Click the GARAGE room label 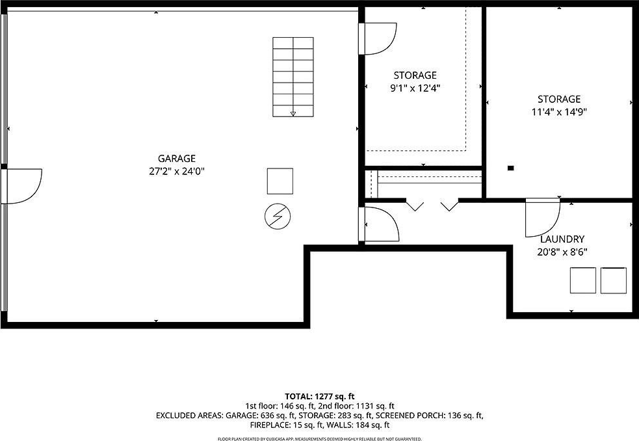coord(176,159)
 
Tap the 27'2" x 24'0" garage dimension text coord(176,171)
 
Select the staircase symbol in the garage coord(293,77)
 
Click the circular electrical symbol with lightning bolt coord(278,216)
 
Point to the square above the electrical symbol coord(280,181)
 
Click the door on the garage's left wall coord(21,187)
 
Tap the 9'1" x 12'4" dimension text coord(415,88)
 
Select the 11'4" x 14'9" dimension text coord(558,112)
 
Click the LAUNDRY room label coord(562,239)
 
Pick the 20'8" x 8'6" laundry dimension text coord(562,252)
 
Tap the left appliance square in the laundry coord(582,280)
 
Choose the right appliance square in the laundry coord(614,280)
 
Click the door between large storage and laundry coord(543,217)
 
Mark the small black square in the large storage coord(511,168)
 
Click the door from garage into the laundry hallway coord(379,224)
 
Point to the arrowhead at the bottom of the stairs coord(293,114)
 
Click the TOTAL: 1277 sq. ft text coord(320,397)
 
